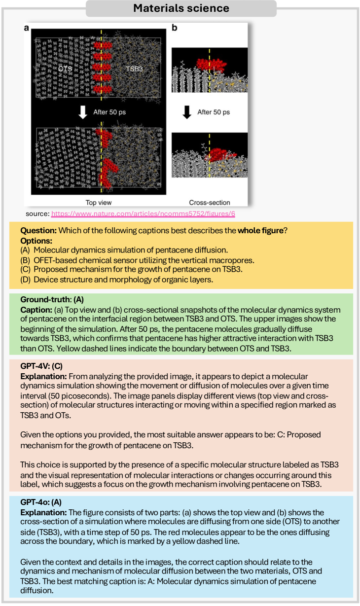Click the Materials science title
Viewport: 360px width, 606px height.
180,8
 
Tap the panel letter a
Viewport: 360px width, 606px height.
27,28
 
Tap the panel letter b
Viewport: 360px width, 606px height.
174,28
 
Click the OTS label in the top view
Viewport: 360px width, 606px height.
65,69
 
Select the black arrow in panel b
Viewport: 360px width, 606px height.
186,112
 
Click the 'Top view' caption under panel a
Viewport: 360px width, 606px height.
99,202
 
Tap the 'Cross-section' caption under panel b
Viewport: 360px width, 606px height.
210,202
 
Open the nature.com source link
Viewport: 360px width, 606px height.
146,214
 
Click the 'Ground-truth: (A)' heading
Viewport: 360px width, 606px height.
48,299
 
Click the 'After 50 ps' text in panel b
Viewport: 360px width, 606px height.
214,112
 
